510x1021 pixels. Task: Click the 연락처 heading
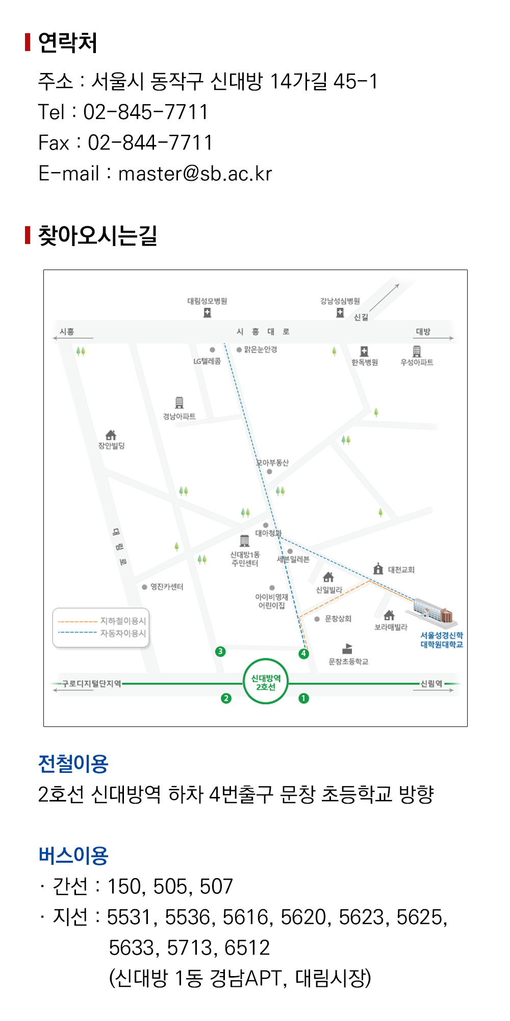tap(67, 42)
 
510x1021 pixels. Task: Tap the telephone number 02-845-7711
tap(146, 112)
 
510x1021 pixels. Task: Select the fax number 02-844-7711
tap(150, 143)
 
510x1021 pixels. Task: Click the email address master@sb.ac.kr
tap(195, 174)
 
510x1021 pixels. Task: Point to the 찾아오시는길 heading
tap(97, 235)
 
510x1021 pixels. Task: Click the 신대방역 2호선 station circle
tap(266, 682)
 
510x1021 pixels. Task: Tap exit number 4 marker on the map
tap(303, 653)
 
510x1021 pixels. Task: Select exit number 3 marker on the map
tap(220, 651)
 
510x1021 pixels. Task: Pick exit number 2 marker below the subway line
tap(226, 698)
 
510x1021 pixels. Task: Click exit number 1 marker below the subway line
tap(304, 698)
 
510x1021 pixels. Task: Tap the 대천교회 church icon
tap(378, 569)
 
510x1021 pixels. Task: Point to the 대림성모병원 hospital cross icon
tap(207, 313)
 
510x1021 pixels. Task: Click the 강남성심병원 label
tap(340, 301)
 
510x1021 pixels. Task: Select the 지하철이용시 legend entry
tap(102, 621)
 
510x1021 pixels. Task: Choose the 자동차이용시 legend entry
tap(102, 633)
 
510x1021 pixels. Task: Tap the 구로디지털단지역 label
tap(91, 684)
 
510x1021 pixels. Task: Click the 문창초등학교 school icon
tap(347, 649)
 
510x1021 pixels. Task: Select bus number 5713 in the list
tap(188, 948)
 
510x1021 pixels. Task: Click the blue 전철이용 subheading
tap(73, 764)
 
